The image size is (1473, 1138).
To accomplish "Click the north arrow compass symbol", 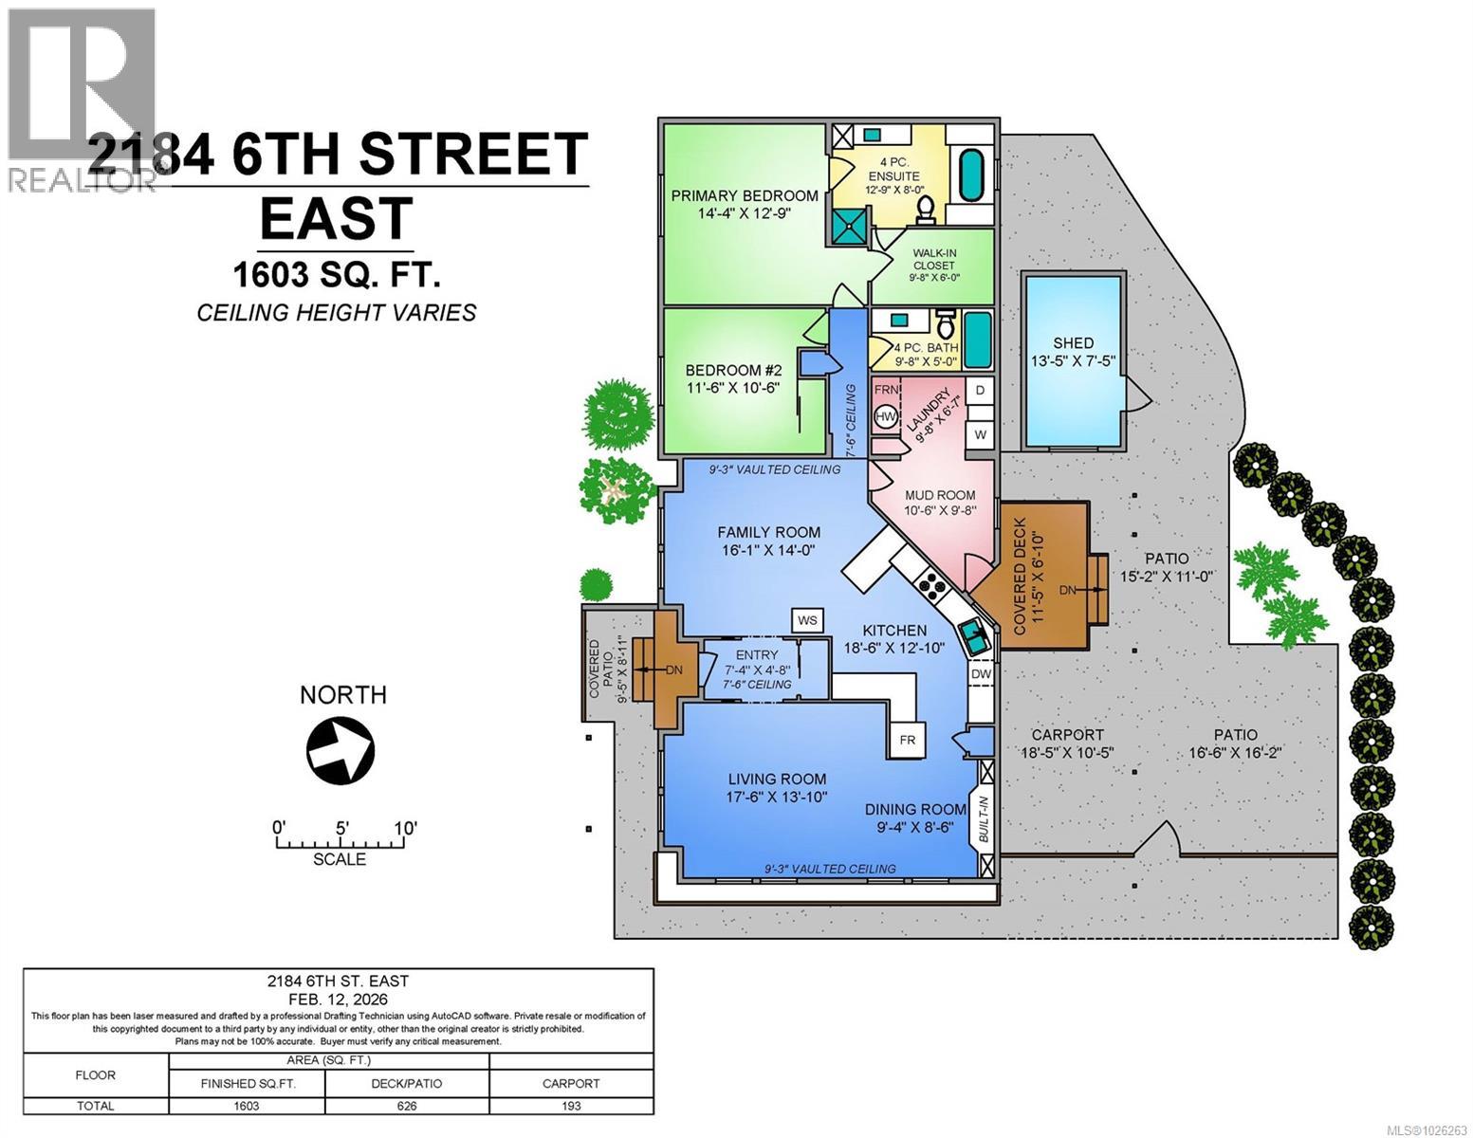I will point(340,750).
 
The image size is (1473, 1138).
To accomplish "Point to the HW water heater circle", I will point(886,416).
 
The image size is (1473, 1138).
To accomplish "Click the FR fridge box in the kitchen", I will point(907,740).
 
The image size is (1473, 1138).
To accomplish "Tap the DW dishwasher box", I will point(981,674).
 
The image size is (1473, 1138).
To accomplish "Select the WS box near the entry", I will point(807,620).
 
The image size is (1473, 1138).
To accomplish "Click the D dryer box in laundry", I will point(980,390).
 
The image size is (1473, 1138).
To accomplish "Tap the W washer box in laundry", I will point(980,434).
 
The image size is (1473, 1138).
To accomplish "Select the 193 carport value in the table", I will point(571,1106).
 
